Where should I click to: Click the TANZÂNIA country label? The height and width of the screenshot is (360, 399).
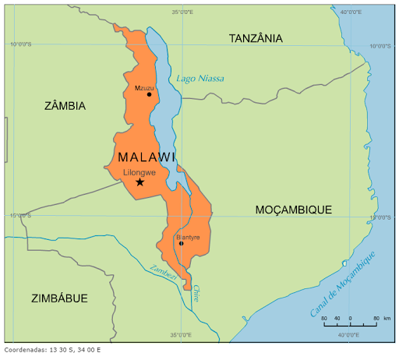(x=256, y=38)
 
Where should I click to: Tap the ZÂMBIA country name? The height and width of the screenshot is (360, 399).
(x=65, y=105)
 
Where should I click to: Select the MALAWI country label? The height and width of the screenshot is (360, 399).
(x=147, y=157)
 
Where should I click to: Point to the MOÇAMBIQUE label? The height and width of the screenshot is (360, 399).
(x=294, y=210)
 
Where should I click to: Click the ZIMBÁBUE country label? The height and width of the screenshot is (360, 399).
(x=59, y=298)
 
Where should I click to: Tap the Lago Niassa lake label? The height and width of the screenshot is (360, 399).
(x=200, y=78)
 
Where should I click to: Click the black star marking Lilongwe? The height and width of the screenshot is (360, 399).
(x=139, y=182)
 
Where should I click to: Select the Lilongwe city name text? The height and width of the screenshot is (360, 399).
(x=139, y=172)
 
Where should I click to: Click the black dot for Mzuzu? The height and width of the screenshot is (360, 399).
(x=149, y=94)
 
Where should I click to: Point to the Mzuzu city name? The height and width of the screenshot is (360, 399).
(x=144, y=87)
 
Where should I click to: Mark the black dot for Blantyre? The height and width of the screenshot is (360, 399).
(x=181, y=243)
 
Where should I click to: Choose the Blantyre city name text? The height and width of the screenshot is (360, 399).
(x=188, y=237)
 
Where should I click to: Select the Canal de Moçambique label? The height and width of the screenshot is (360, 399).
(x=343, y=284)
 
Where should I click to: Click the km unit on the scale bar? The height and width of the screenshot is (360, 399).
(x=387, y=319)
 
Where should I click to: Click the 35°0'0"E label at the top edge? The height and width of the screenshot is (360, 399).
(x=182, y=12)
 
